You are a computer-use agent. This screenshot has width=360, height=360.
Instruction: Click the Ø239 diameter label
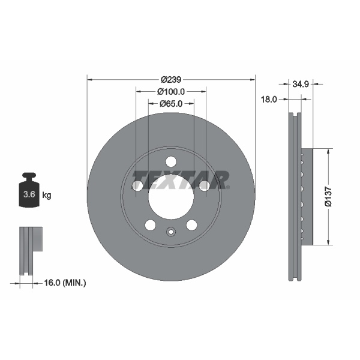[171, 79]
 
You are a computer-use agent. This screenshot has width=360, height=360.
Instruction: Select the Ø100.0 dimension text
[170, 92]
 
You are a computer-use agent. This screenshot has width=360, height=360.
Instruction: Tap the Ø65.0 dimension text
[170, 104]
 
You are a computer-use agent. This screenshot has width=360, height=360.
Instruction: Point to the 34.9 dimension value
[300, 85]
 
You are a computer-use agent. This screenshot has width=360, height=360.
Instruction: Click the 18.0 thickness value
[268, 100]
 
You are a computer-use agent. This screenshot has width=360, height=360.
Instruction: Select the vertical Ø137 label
[328, 196]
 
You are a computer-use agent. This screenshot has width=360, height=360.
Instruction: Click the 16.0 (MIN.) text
[66, 281]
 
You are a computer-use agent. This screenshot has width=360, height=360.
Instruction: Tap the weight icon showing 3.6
[29, 192]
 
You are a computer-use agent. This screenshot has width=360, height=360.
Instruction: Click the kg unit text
[47, 195]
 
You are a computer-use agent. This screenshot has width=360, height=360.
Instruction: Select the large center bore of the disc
[171, 197]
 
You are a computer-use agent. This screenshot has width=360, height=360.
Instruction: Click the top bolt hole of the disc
[171, 162]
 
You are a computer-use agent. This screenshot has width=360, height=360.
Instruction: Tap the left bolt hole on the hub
[137, 186]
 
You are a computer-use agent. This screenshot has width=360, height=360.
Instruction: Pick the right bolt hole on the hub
[205, 186]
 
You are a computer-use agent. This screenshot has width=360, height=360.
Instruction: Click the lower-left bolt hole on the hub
[150, 225]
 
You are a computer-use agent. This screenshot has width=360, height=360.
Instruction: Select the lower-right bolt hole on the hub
[191, 225]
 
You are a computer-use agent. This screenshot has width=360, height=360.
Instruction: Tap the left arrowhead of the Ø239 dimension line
[90, 79]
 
